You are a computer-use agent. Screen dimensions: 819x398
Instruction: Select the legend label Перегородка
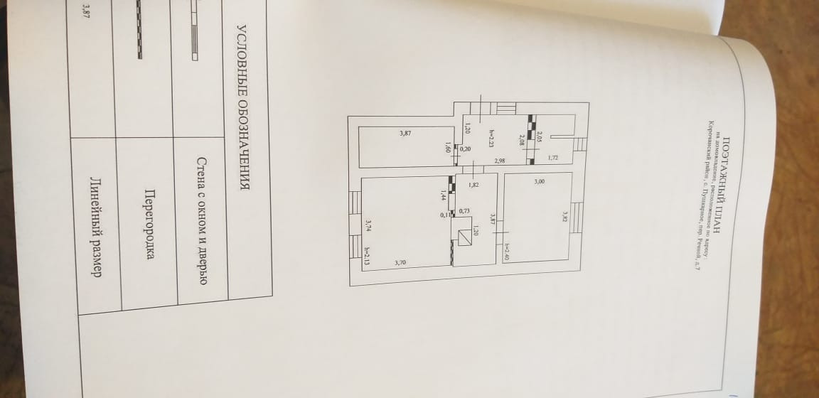150,225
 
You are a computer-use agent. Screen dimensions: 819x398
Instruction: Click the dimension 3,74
368,225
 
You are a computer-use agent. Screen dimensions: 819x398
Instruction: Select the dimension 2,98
499,161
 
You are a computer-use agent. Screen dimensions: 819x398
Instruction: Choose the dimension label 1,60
447,147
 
